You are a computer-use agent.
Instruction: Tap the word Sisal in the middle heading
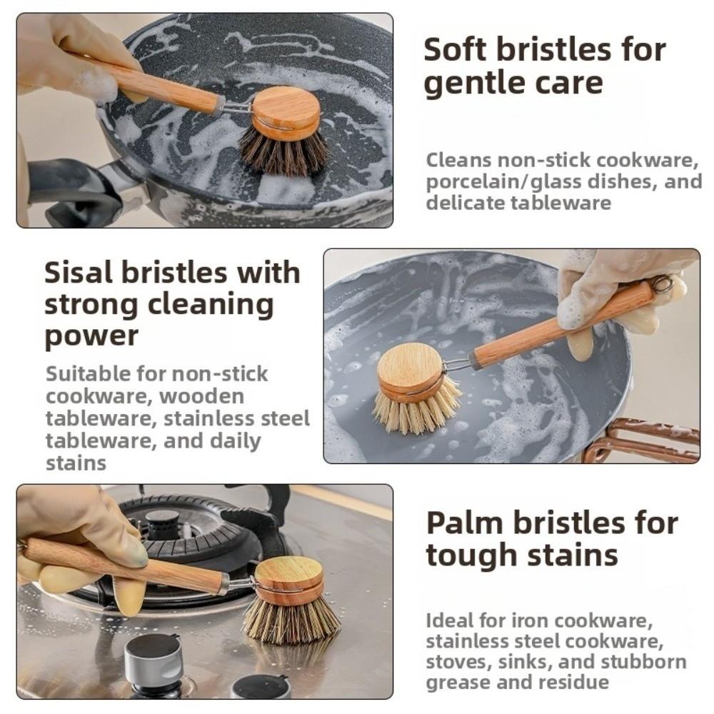coord(81,273)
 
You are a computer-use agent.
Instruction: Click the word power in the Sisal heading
coord(91,336)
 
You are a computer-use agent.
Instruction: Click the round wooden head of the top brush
coord(286,110)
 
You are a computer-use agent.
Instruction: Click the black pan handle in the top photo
coord(71,190)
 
